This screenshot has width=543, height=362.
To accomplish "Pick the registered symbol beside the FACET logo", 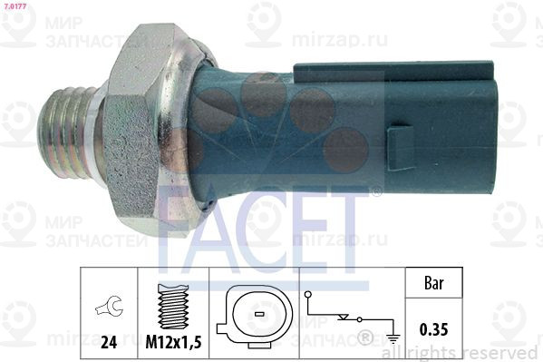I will [x=376, y=192].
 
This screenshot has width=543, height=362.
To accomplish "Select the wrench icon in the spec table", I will [x=109, y=308].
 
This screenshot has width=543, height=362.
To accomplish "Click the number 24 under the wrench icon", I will [x=109, y=343].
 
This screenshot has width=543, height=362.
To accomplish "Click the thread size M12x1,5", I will [x=172, y=343].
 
